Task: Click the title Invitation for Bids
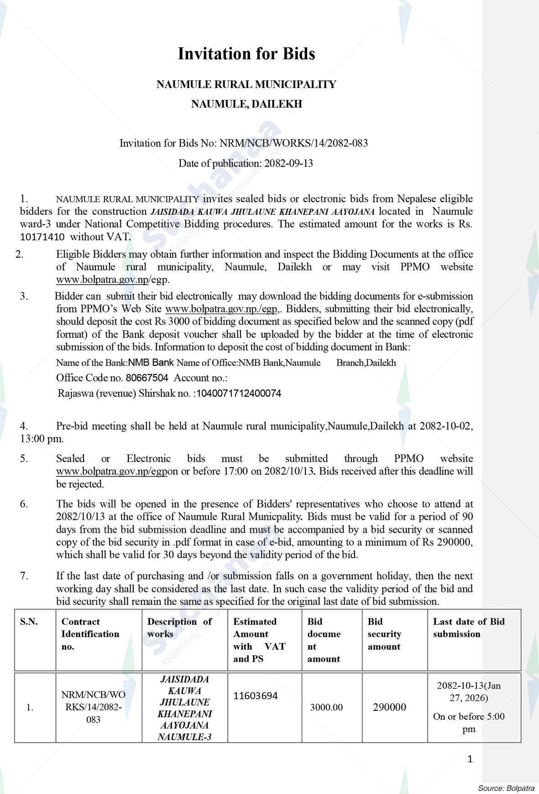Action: tap(246, 54)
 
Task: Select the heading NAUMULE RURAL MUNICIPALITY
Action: tap(246, 84)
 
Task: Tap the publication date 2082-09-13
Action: tap(288, 163)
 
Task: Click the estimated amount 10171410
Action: tap(42, 237)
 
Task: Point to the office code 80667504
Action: tap(147, 378)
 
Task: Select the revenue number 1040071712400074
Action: tap(238, 393)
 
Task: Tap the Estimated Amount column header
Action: tap(259, 640)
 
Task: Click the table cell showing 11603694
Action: tap(255, 696)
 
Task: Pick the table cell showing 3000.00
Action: tap(326, 707)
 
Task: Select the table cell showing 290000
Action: tap(389, 707)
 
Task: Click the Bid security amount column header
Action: tap(384, 634)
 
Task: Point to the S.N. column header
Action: tap(29, 622)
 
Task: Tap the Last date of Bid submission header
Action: tap(469, 628)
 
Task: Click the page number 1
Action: tap(470, 759)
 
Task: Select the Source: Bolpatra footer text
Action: tap(506, 788)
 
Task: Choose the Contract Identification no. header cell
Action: tap(90, 634)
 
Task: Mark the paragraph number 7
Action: tap(24, 576)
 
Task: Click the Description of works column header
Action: tap(179, 628)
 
